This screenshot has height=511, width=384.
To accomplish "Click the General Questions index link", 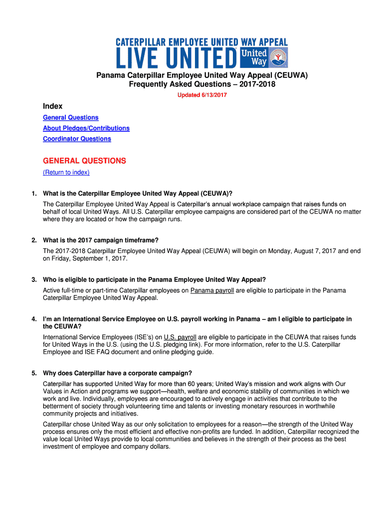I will point(70,117).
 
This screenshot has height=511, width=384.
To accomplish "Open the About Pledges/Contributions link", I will point(86,128).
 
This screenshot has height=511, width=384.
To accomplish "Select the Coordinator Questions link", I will point(77,139).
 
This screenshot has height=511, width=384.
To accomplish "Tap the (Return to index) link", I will point(66,172).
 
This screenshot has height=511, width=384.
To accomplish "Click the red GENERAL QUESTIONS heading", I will point(84,161).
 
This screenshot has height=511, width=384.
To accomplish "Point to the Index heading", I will point(52,106).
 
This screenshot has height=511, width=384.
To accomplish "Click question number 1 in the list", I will point(34,193).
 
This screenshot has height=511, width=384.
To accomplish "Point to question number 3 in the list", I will point(34,279).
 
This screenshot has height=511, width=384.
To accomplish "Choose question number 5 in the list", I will point(34,373).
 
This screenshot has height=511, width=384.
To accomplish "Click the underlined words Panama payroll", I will point(212,290).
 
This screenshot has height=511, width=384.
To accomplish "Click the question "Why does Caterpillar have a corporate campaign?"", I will point(117,373).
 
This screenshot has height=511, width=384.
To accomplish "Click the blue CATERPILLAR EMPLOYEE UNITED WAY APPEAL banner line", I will point(201,42).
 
